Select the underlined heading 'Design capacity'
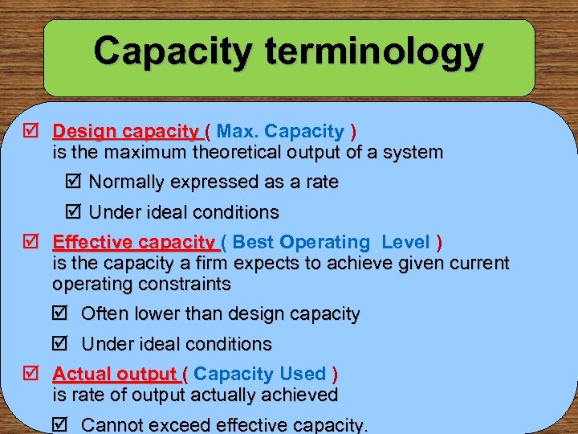pyautogui.click(x=126, y=131)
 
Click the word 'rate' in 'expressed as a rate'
pyautogui.click(x=321, y=182)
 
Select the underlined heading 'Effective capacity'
pyautogui.click(x=134, y=243)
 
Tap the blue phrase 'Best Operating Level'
pyautogui.click(x=332, y=242)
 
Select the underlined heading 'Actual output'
pyautogui.click(x=116, y=375)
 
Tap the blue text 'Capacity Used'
pyautogui.click(x=259, y=374)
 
